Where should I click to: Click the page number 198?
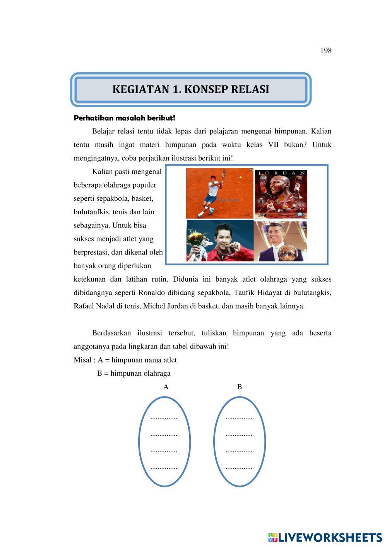click(x=326, y=51)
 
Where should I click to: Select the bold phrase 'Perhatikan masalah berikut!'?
click(x=124, y=118)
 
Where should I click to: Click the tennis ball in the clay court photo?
click(x=241, y=177)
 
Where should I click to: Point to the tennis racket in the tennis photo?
click(x=224, y=175)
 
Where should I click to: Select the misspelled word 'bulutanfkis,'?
click(x=94, y=212)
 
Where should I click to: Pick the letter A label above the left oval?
click(x=166, y=387)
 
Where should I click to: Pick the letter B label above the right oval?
click(x=240, y=387)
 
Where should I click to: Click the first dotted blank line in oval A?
click(x=164, y=418)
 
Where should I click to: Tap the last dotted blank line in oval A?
click(x=164, y=468)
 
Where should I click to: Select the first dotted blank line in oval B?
click(x=239, y=418)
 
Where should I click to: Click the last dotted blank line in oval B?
click(x=239, y=468)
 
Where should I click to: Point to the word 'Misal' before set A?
click(x=82, y=360)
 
